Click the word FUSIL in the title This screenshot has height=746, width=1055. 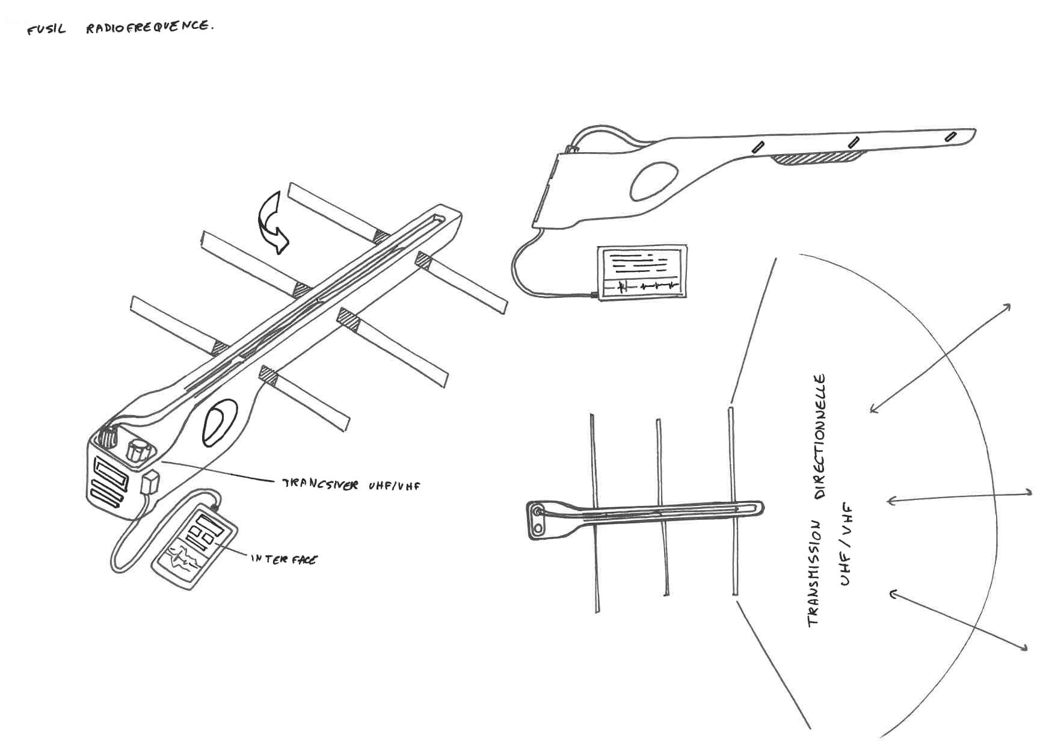46,29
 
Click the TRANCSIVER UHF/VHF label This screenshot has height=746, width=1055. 351,485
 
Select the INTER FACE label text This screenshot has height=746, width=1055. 284,559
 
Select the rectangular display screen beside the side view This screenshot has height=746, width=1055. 641,272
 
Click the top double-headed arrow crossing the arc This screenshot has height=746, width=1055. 940,359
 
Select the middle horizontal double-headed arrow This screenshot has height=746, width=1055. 959,497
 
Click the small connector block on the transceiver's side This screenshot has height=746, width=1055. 150,482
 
